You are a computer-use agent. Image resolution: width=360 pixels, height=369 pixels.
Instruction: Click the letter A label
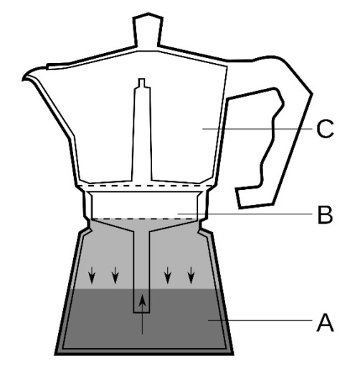tap(325, 323)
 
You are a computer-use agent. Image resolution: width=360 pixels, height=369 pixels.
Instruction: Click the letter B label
tap(326, 214)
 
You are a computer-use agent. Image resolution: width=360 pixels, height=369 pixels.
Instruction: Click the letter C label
tap(325, 129)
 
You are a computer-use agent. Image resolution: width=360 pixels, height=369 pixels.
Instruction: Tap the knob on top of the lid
tap(148, 29)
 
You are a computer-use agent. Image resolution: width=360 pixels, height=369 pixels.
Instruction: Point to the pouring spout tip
tap(23, 79)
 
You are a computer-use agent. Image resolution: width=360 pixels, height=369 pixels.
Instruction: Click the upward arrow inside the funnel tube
tap(143, 314)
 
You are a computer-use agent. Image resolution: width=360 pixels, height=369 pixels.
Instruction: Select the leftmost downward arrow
tap(92, 275)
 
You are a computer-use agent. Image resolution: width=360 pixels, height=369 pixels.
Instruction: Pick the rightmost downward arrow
tap(191, 275)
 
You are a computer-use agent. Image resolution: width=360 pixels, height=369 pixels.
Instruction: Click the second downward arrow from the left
tap(115, 275)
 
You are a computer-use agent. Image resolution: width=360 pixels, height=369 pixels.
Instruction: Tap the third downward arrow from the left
tap(168, 275)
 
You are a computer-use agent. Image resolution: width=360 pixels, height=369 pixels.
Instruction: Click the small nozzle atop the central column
tap(142, 82)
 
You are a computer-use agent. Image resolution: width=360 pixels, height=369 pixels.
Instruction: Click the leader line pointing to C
tap(257, 129)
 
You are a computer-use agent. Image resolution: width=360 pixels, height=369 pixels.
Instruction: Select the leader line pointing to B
tap(245, 214)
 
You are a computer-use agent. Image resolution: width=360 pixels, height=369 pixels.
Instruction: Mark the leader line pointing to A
tap(260, 320)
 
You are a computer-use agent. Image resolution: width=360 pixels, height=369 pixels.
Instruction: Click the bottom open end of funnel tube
tap(141, 312)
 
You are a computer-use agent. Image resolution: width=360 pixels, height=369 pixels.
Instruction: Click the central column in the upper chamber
tap(142, 134)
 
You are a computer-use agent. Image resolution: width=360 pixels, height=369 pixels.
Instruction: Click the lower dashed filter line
tap(145, 219)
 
